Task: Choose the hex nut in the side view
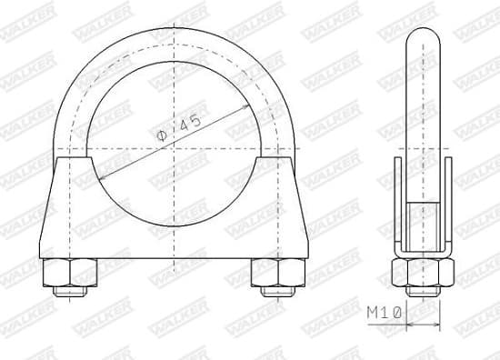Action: click(x=422, y=270)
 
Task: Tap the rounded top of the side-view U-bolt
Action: click(x=422, y=36)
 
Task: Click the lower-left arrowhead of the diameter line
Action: click(x=96, y=178)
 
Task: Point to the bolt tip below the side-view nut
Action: click(x=422, y=291)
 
